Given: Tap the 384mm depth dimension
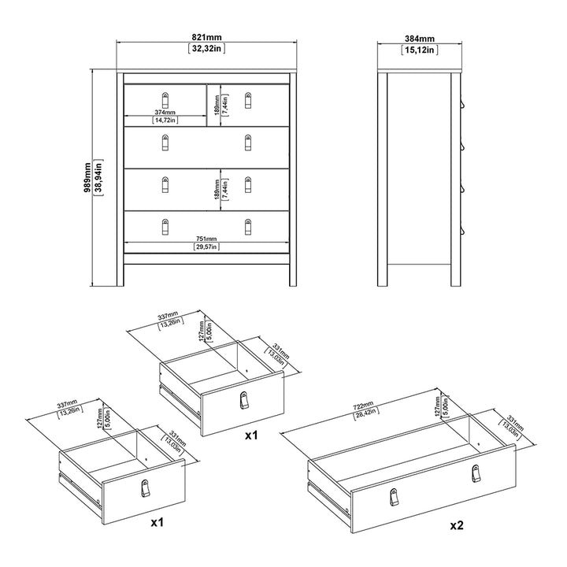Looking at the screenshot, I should tap(419, 38).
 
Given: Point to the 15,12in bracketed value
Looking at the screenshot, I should tap(419, 49).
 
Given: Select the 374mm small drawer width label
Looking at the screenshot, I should tap(165, 113).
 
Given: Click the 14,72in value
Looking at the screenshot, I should tap(165, 120).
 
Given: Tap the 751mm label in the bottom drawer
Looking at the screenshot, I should tap(207, 240).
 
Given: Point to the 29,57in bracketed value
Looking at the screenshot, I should tap(207, 248).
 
